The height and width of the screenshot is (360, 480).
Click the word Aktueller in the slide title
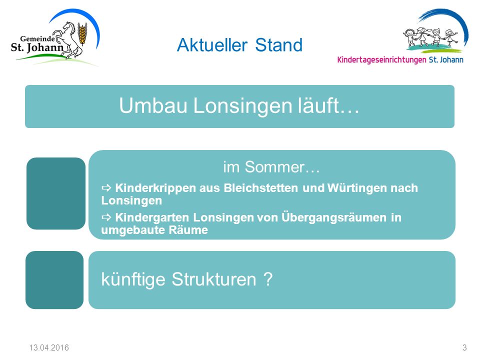point(212,45)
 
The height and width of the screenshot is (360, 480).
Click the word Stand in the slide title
point(279,45)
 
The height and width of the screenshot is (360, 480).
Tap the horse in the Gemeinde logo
point(69,40)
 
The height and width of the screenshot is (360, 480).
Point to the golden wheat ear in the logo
point(81,33)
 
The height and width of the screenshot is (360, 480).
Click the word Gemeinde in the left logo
point(37,38)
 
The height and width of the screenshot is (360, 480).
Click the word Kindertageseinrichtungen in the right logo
point(381,59)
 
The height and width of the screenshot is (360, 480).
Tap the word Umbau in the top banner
point(153,105)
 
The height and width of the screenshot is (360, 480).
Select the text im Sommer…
point(271,167)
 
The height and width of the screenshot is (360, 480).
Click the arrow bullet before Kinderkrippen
point(106,187)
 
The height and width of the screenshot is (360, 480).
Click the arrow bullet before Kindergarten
point(106,217)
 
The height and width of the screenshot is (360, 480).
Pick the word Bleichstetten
point(261,187)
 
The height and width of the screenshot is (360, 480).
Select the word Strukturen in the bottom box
point(213,279)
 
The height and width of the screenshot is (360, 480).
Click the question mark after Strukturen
point(268,279)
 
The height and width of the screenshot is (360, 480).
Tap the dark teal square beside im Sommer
point(56,193)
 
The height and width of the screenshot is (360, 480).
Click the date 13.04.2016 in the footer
point(49,348)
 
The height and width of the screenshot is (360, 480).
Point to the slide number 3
point(464,348)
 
